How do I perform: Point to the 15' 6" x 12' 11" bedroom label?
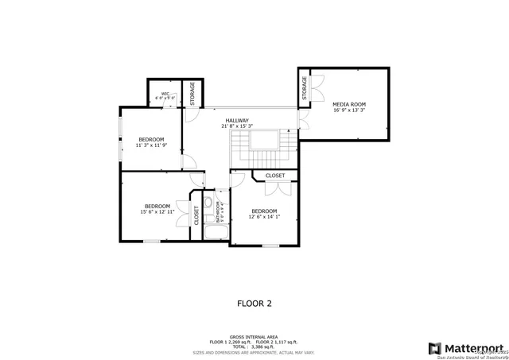point(157,209)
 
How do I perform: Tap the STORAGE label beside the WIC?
point(192,93)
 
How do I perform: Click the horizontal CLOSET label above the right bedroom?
point(275,175)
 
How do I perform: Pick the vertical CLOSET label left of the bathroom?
point(196,215)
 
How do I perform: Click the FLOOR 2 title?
point(254,303)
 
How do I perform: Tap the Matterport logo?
point(466,347)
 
